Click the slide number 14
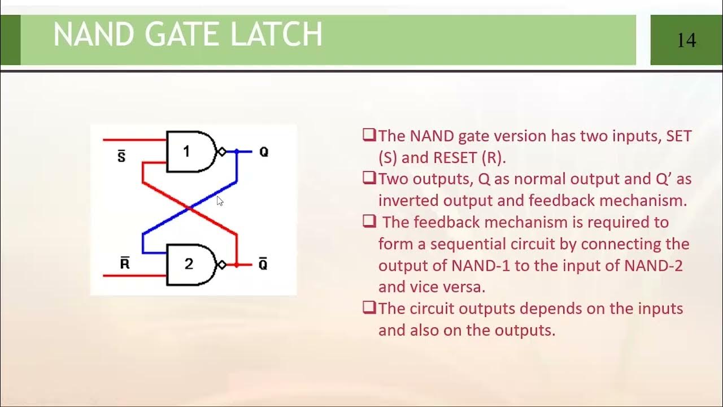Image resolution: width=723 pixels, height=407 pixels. (x=686, y=40)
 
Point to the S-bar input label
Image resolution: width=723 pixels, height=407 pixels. (x=121, y=156)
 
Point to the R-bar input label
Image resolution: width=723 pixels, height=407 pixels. (x=125, y=263)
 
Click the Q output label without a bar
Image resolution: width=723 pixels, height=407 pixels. (x=263, y=152)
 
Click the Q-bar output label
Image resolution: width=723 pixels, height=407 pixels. (x=263, y=264)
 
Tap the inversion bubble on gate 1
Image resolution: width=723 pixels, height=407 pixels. (x=222, y=151)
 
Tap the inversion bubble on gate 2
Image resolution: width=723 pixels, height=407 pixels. (x=222, y=264)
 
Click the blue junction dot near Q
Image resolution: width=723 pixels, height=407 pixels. (x=237, y=151)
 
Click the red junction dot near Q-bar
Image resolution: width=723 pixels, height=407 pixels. (x=237, y=264)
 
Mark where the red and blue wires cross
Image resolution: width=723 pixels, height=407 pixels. (x=190, y=209)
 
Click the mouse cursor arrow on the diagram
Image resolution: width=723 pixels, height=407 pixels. (x=220, y=201)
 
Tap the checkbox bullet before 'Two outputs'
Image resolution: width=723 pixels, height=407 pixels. (x=369, y=179)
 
